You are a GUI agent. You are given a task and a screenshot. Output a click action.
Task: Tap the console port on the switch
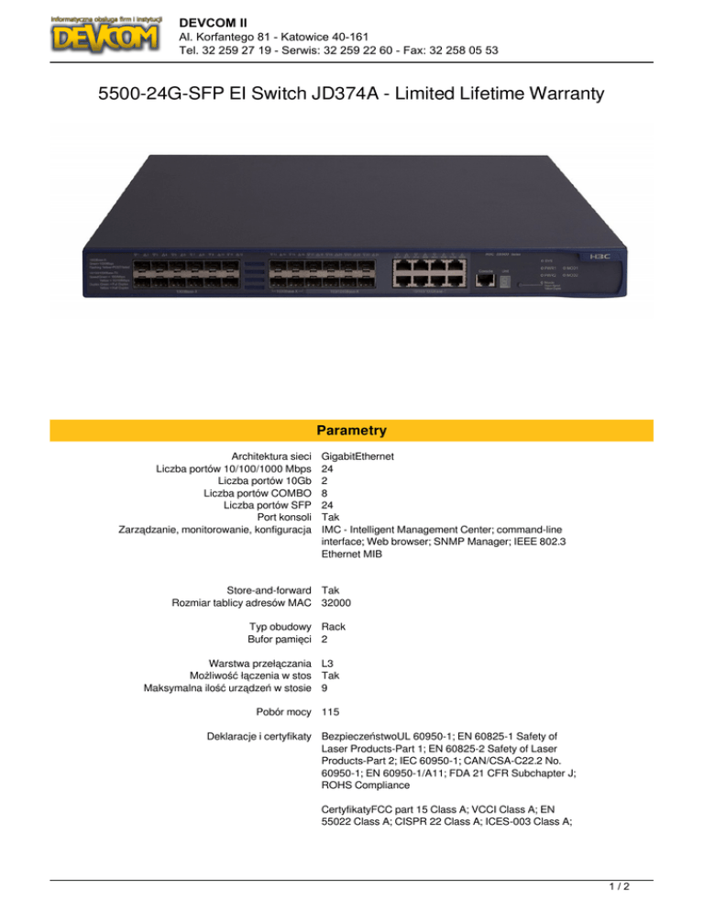tap(484, 279)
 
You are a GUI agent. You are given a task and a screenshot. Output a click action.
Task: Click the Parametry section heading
tap(352, 430)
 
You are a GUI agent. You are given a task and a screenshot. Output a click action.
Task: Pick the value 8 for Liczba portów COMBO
tap(326, 495)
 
